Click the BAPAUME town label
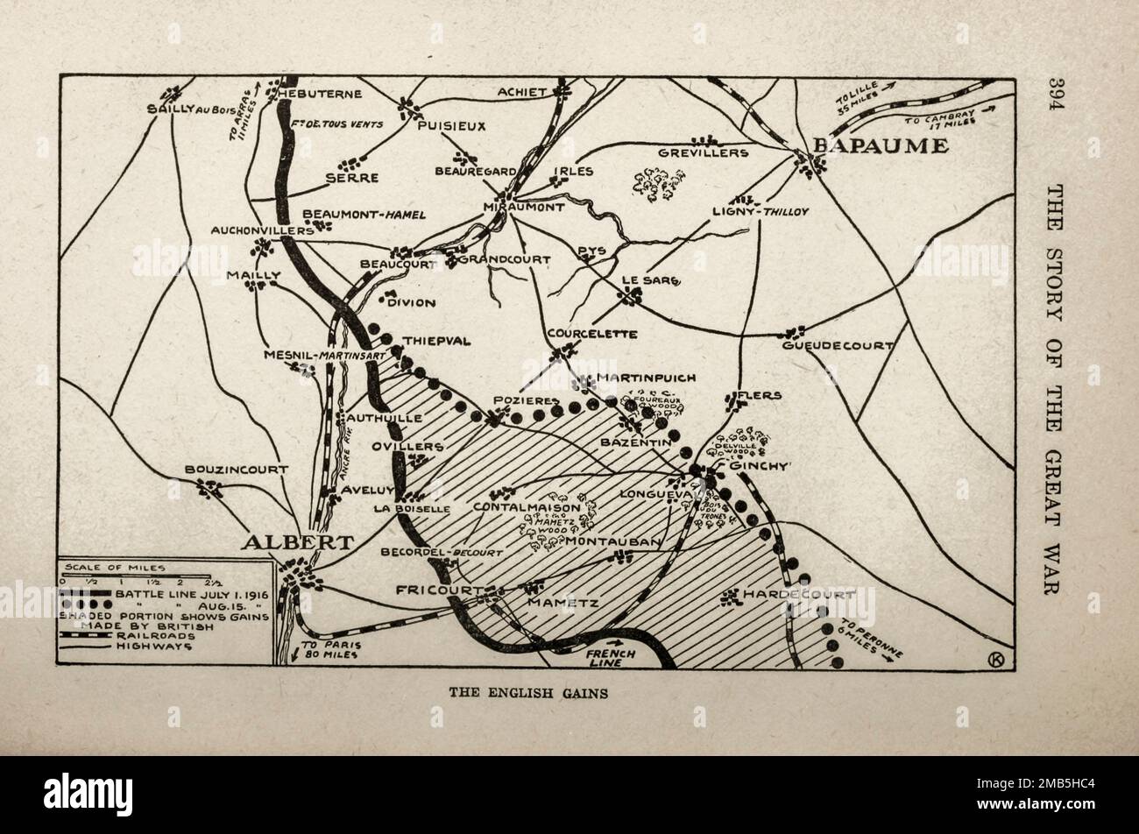[x=881, y=145]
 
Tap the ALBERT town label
[x=298, y=542]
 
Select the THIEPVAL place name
[x=436, y=341]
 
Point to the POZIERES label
[x=526, y=400]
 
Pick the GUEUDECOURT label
[x=850, y=346]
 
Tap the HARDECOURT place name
[x=798, y=594]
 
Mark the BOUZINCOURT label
[x=236, y=470]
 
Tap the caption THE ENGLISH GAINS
[x=528, y=692]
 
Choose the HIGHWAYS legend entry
[x=149, y=647]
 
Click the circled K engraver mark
[x=994, y=660]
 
